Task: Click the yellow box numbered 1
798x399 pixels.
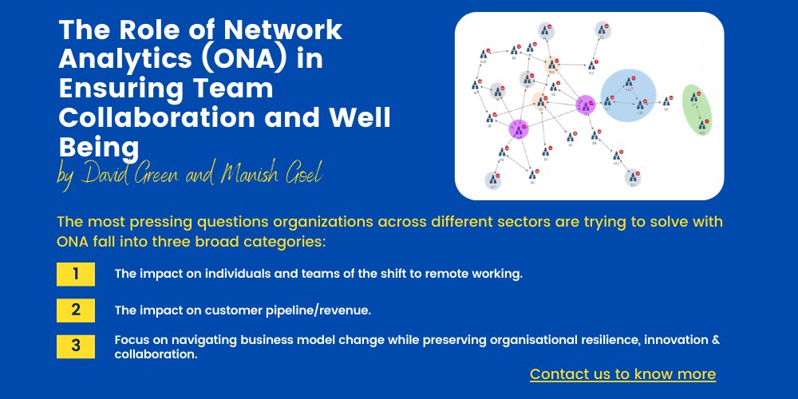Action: [x=76, y=275]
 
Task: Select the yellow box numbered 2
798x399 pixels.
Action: [x=76, y=310]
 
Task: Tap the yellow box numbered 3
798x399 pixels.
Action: [x=76, y=346]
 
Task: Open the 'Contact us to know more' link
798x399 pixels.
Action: [x=622, y=374]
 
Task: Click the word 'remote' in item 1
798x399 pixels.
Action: [x=440, y=275]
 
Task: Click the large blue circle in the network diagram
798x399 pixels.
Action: [x=628, y=95]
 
